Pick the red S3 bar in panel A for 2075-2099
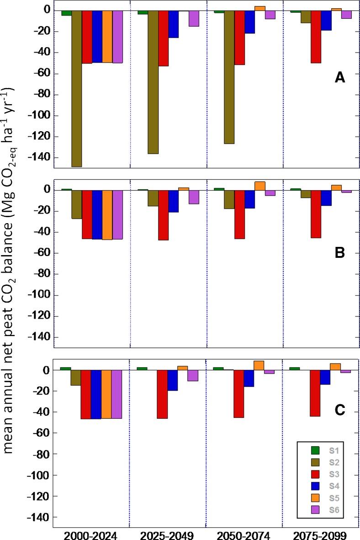click(x=316, y=37)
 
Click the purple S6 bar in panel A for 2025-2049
click(x=194, y=18)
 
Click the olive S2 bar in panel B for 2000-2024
click(x=76, y=204)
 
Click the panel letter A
click(x=339, y=78)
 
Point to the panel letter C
click(x=339, y=410)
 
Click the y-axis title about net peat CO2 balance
click(x=14, y=270)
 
